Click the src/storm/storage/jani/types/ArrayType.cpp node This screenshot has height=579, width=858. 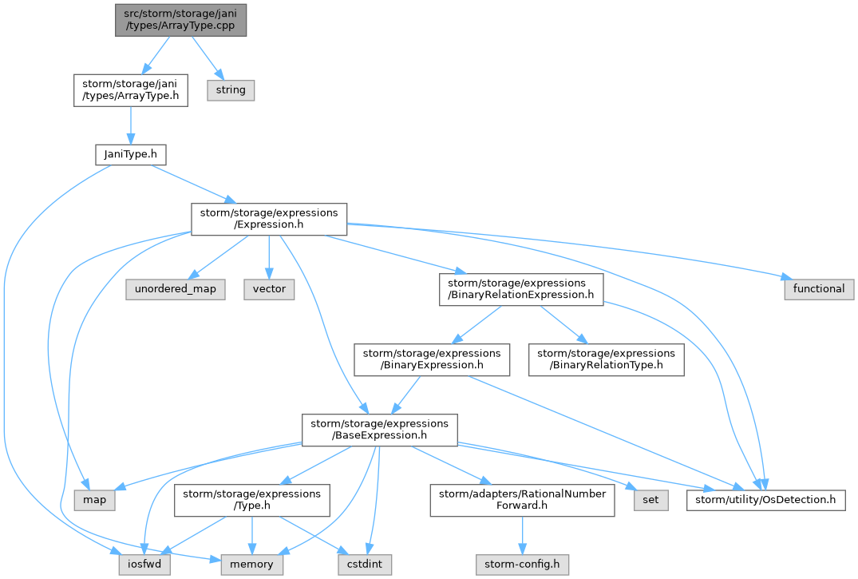pyautogui.click(x=180, y=20)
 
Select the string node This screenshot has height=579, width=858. pyautogui.click(x=231, y=89)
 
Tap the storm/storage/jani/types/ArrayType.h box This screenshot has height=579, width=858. pyautogui.click(x=131, y=90)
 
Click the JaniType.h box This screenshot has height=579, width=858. pyautogui.click(x=131, y=154)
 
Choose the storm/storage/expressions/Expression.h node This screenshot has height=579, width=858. pyautogui.click(x=269, y=219)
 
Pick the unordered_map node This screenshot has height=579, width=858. pyautogui.click(x=175, y=289)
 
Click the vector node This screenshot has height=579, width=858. pyautogui.click(x=269, y=289)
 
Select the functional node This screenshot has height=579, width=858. pyautogui.click(x=819, y=289)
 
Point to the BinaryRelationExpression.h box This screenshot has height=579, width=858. pyautogui.click(x=521, y=289)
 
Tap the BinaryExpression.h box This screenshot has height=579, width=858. pyautogui.click(x=432, y=359)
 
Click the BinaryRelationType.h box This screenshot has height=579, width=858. pyautogui.click(x=607, y=359)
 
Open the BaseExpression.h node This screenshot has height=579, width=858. pyautogui.click(x=380, y=430)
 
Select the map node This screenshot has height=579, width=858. pyautogui.click(x=95, y=500)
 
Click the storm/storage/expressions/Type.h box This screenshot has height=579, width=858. pyautogui.click(x=251, y=500)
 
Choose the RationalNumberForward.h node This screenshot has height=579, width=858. pyautogui.click(x=522, y=500)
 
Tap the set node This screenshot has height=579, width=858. pyautogui.click(x=650, y=500)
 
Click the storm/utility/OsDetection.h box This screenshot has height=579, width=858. pyautogui.click(x=765, y=500)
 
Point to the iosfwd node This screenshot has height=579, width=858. pyautogui.click(x=144, y=565)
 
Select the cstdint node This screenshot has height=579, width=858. pyautogui.click(x=365, y=565)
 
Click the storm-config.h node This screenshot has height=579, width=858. pyautogui.click(x=522, y=565)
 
